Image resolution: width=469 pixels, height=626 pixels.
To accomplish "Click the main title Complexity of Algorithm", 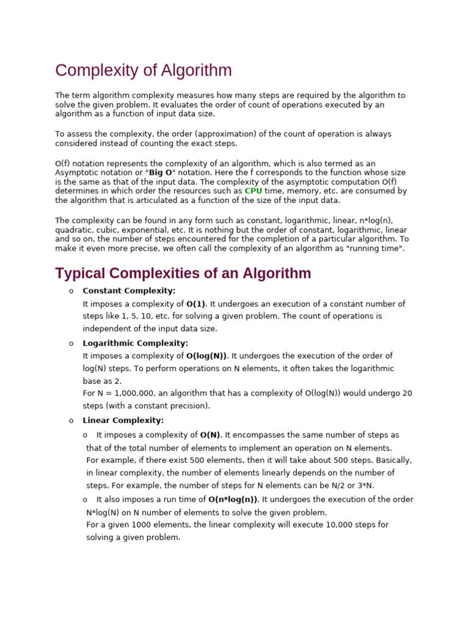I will click(x=144, y=70).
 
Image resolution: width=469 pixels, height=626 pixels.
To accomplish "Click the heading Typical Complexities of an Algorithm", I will click(x=183, y=273).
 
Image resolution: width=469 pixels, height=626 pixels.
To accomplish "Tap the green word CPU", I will click(x=253, y=191).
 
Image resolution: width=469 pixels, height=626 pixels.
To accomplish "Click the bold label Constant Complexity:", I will click(x=129, y=290).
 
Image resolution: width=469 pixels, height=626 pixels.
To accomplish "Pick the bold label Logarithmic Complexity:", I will click(x=136, y=343).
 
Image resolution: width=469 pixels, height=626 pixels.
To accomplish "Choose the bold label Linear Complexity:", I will click(x=123, y=420).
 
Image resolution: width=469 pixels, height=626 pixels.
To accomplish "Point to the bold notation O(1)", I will click(x=197, y=304).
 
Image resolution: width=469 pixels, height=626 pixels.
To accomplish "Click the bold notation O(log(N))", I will click(x=206, y=356).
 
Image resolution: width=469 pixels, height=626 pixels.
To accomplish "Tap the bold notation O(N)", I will click(x=210, y=435).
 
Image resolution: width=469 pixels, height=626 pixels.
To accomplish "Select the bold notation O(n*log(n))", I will click(x=233, y=499).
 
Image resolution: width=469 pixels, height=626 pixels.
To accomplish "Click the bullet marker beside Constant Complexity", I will click(x=71, y=291).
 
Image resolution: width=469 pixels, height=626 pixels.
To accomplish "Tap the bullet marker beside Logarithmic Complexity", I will click(x=71, y=344).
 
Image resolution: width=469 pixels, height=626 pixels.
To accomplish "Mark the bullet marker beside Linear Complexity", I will click(x=71, y=421).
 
